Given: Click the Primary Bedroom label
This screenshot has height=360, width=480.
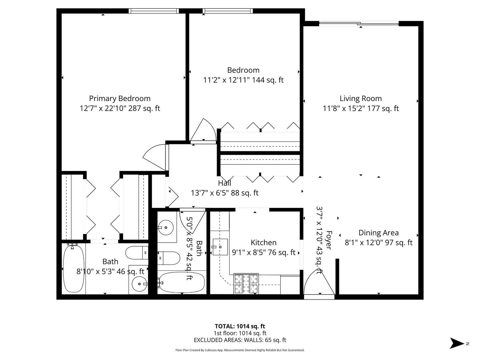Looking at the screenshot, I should pos(120,99).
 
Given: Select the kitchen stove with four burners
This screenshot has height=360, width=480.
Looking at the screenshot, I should pos(246,284).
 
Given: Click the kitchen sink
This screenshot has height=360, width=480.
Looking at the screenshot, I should pos(220,247).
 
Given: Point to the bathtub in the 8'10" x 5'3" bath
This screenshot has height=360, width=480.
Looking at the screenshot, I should pos(73,269).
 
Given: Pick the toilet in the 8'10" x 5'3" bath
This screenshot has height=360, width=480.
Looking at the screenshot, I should pos(137,253).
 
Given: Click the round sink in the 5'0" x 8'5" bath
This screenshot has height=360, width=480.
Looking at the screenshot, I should pos(165,228).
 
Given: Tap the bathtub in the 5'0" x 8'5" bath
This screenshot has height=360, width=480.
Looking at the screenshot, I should pos(181,282).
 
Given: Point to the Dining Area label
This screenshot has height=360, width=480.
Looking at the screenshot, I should pos(378,233).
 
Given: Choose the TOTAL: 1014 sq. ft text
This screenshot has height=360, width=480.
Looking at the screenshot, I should pos(240,326).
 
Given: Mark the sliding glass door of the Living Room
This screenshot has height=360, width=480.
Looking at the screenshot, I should pos(359,24).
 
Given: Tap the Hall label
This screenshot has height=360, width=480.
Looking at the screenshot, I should pos(224,183).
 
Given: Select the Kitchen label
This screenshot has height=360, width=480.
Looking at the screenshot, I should pos(263,243).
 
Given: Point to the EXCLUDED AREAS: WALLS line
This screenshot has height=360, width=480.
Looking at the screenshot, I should pos(240,340).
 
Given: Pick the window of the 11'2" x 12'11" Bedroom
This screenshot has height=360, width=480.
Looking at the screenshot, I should pos(227,11).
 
